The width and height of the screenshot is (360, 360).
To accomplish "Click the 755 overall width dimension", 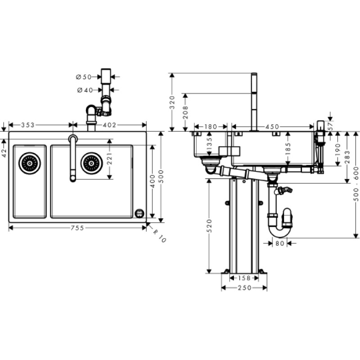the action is (x=77, y=228).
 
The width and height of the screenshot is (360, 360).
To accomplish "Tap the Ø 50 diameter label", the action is (x=84, y=77).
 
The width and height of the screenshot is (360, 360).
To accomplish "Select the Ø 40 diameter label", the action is (x=85, y=90).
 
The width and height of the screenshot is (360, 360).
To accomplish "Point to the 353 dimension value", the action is (x=28, y=125).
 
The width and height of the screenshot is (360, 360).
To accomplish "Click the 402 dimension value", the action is (x=109, y=125).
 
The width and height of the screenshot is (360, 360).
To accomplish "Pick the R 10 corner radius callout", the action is (x=159, y=236).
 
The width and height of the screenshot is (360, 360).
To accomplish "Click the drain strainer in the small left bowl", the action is (x=30, y=163).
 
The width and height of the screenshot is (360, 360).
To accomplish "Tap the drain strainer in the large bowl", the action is (x=91, y=163).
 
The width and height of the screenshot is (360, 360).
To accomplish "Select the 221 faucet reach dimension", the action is (x=110, y=159).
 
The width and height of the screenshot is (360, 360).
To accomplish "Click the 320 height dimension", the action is (x=172, y=103).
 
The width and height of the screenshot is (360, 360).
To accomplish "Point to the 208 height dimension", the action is (x=185, y=112).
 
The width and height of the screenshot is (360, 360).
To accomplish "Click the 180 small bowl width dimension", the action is (x=211, y=127).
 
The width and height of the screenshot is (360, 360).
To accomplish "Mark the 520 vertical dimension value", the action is (x=209, y=226).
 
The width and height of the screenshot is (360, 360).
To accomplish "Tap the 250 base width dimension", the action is (x=244, y=288).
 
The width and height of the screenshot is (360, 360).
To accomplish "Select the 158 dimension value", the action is (x=244, y=278).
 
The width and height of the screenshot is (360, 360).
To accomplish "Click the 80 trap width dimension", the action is (x=280, y=243).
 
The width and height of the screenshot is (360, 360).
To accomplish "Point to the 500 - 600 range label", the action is (x=356, y=184).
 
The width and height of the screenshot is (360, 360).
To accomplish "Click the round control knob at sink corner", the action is (x=139, y=213).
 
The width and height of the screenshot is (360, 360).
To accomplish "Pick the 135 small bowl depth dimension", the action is (x=209, y=144).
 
